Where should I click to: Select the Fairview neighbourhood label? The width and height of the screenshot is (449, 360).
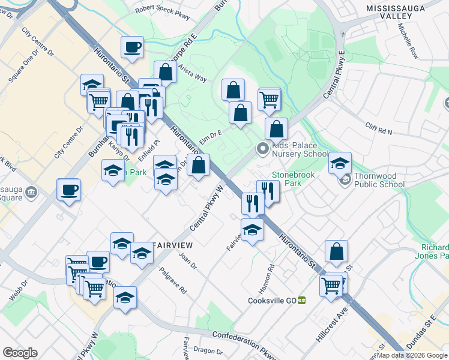173,245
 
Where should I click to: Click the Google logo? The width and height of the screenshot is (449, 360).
20,353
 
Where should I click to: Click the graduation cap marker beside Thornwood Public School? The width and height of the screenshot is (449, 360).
340,163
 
